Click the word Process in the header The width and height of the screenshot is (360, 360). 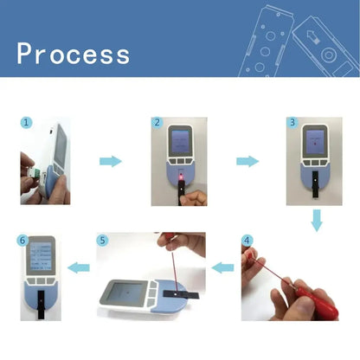pyautogui.click(x=73, y=54)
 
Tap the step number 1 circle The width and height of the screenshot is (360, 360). pyautogui.click(x=27, y=124)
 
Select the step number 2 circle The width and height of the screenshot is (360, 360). pyautogui.click(x=157, y=124)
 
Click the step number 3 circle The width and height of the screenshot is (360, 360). pyautogui.click(x=292, y=124)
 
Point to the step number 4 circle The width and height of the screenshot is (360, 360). pyautogui.click(x=247, y=240)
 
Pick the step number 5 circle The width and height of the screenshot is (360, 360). pyautogui.click(x=103, y=240)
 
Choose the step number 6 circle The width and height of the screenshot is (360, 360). pyautogui.click(x=22, y=241)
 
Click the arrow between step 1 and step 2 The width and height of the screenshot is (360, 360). pyautogui.click(x=110, y=161)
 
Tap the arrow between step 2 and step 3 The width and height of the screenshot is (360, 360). pyautogui.click(x=247, y=161)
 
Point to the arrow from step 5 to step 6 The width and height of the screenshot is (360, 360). pyautogui.click(x=80, y=269)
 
